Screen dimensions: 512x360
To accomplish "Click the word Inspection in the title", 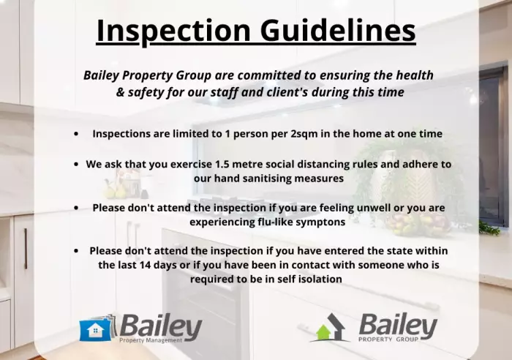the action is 174,31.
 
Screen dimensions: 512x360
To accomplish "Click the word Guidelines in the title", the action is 338,31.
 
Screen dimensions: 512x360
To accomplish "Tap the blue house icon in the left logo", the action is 95,329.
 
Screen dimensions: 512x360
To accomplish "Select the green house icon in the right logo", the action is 323,332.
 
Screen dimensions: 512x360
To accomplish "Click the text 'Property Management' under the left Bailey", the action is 151,340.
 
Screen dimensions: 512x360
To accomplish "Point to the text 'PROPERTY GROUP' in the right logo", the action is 388,339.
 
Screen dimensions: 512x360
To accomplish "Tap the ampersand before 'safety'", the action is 120,92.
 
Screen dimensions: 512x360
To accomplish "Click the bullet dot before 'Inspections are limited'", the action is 76,134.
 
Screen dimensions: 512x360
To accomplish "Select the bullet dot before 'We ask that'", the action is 76,164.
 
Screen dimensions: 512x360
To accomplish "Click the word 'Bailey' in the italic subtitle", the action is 101,76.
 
